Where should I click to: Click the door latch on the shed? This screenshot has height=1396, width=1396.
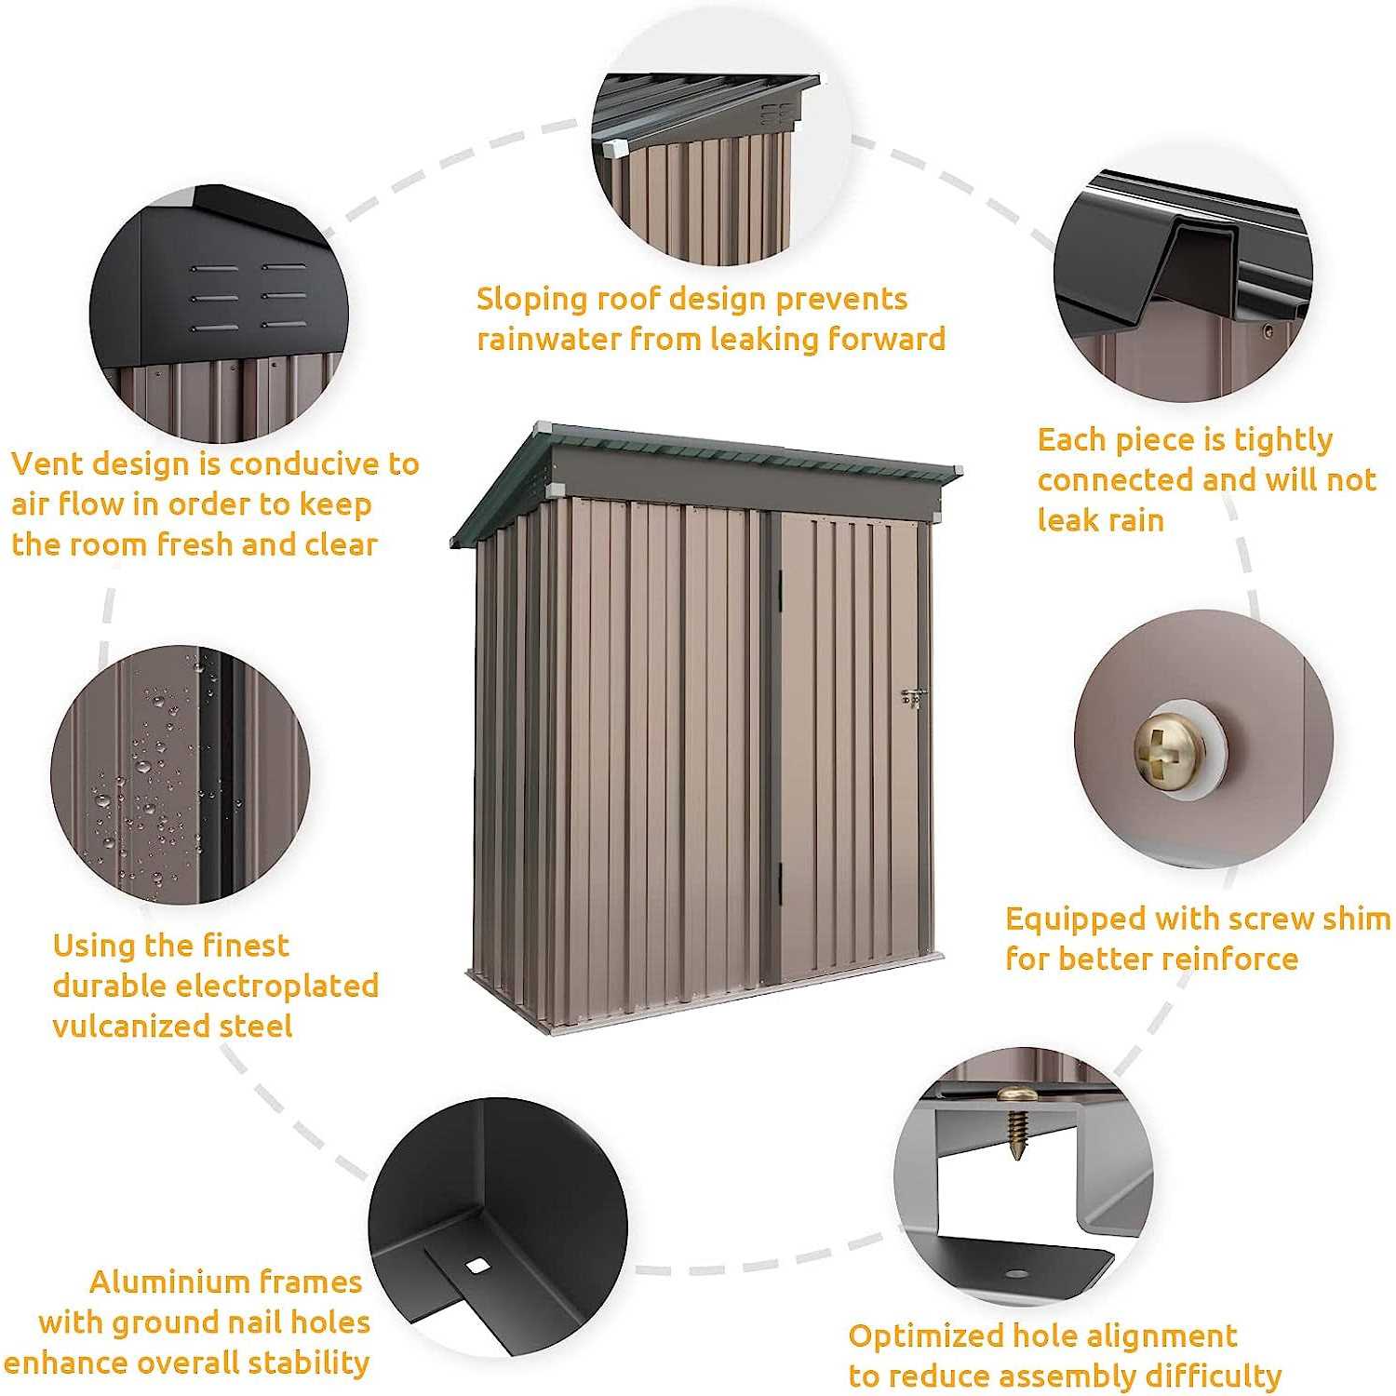(913, 697)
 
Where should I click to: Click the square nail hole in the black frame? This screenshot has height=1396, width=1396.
(477, 1265)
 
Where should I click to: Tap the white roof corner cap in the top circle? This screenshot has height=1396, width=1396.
(613, 148)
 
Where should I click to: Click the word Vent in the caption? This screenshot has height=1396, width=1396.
(47, 463)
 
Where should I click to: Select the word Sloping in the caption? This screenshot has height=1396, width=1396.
(530, 300)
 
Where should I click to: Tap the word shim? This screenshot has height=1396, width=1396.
(1355, 919)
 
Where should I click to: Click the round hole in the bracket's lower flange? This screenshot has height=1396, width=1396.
(1017, 1273)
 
